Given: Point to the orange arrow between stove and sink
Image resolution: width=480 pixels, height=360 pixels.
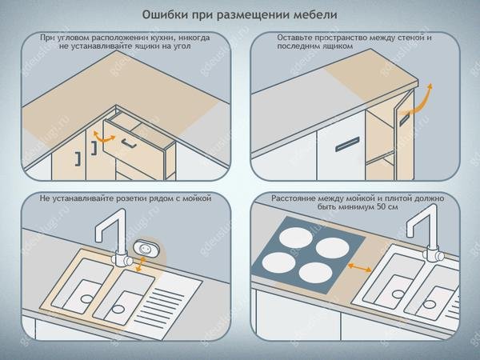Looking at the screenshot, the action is pyautogui.click(x=360, y=267).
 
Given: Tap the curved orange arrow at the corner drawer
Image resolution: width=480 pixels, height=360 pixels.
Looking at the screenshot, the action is pyautogui.click(x=103, y=137).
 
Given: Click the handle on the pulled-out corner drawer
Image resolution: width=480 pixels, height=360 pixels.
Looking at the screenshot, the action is pyautogui.click(x=129, y=143).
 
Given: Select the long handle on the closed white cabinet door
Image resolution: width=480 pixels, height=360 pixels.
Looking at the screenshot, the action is pyautogui.click(x=347, y=144).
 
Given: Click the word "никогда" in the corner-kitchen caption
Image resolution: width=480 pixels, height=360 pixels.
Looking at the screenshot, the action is pyautogui.click(x=194, y=38).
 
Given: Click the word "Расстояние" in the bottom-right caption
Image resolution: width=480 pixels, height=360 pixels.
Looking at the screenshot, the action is pyautogui.click(x=292, y=198).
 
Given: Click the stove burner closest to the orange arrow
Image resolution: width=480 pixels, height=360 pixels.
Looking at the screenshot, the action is pyautogui.click(x=333, y=248).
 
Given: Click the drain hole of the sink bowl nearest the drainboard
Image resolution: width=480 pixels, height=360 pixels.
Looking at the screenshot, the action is pyautogui.click(x=118, y=309).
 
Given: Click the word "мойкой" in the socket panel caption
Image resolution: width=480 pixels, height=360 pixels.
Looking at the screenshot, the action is pyautogui.click(x=197, y=198).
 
